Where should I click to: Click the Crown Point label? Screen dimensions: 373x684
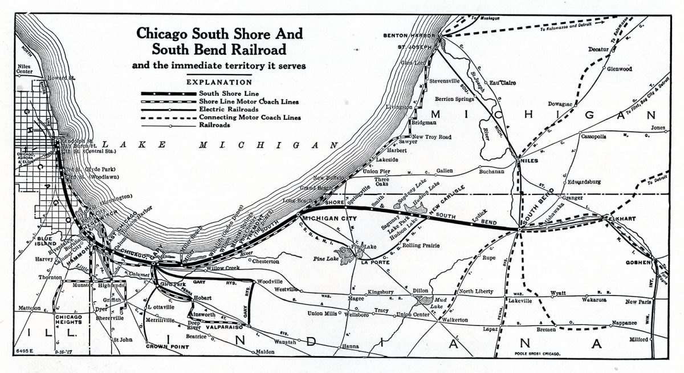(164, 346)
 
